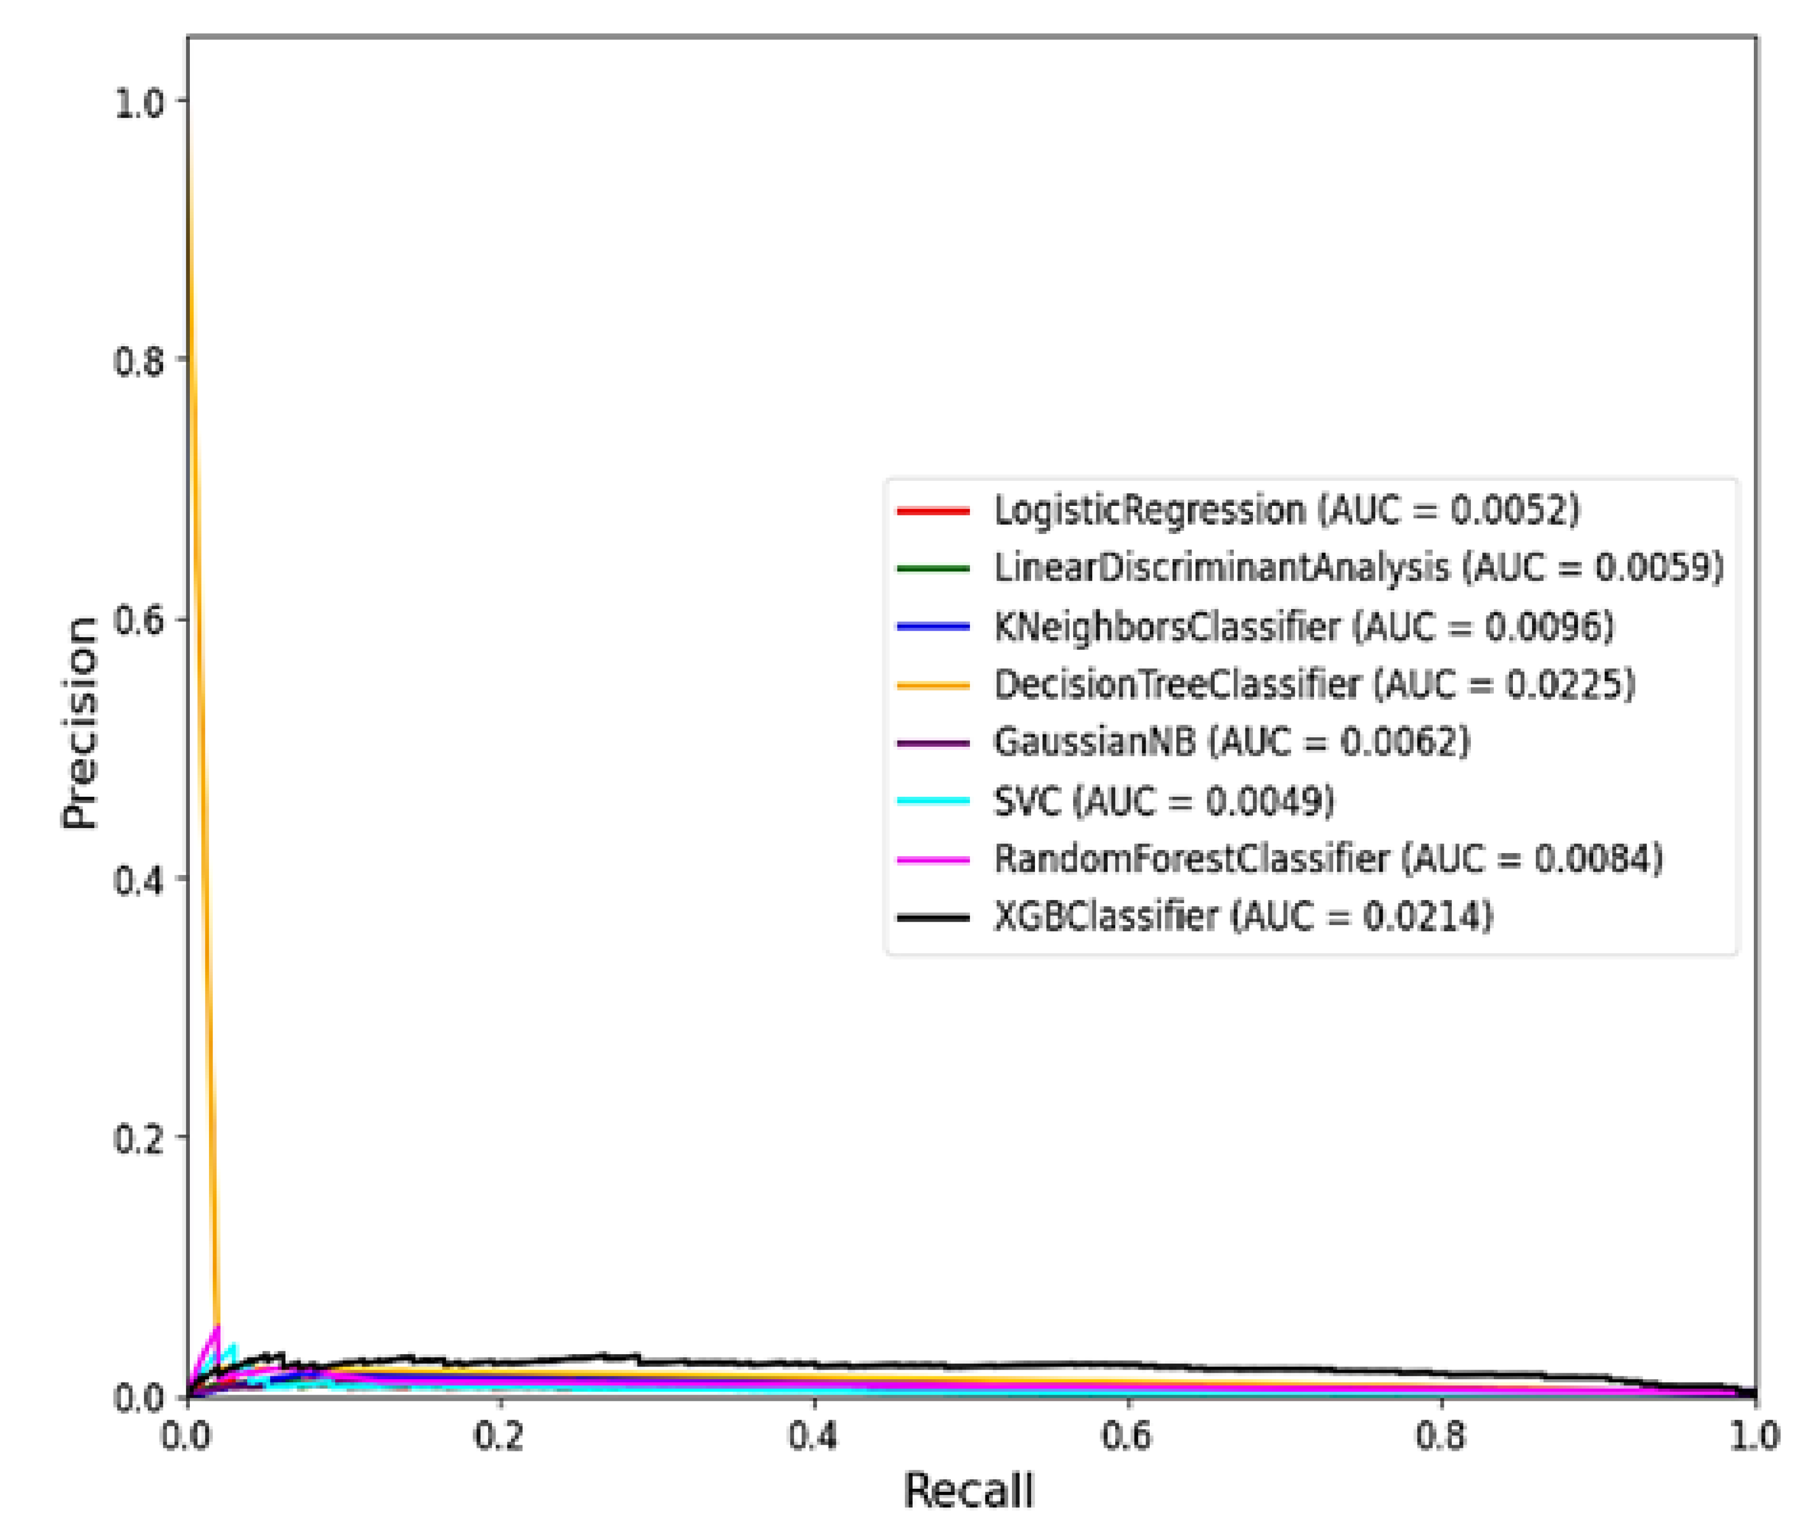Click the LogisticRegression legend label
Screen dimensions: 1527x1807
coord(1286,510)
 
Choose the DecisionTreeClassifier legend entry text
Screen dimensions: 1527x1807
coord(1314,684)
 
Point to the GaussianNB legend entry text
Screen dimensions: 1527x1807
coord(1231,742)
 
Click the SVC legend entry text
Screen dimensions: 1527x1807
coord(1163,800)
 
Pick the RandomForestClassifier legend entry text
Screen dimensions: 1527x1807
coord(1327,859)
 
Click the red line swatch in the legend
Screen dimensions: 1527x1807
coord(933,511)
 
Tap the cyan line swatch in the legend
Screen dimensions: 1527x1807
coord(933,800)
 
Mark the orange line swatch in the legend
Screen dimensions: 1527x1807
coord(933,685)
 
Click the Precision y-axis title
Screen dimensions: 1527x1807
coord(80,723)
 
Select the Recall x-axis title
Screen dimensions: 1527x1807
coord(968,1491)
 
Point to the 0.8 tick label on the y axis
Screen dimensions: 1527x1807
coord(138,360)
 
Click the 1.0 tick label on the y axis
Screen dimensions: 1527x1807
coord(138,102)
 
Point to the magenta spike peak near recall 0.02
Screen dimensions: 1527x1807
coord(217,1327)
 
